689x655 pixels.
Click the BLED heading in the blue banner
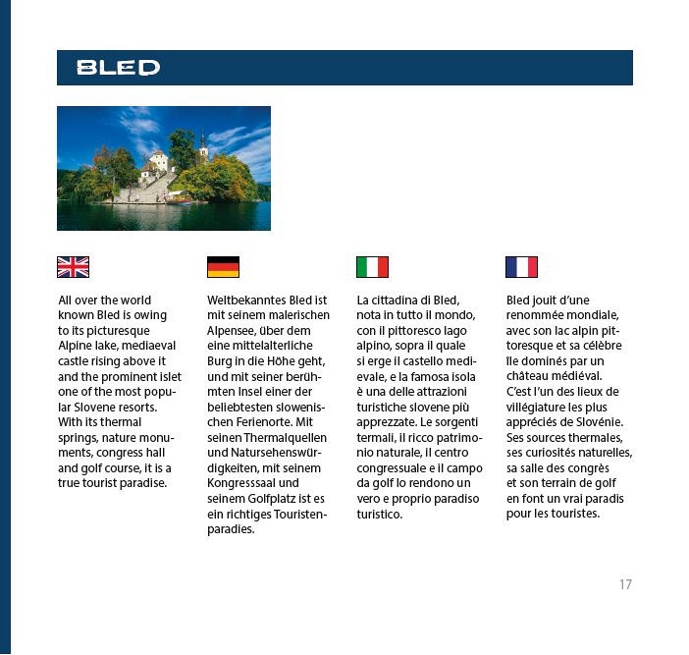click(x=118, y=68)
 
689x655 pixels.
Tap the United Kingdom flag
click(x=73, y=267)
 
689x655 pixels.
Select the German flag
click(x=223, y=267)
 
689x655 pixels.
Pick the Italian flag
click(x=372, y=267)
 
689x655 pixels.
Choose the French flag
click(x=521, y=267)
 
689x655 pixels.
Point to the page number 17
click(x=625, y=584)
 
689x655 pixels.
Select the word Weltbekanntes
click(x=250, y=300)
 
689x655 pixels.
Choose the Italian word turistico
click(x=380, y=514)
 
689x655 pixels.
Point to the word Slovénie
click(x=596, y=422)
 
